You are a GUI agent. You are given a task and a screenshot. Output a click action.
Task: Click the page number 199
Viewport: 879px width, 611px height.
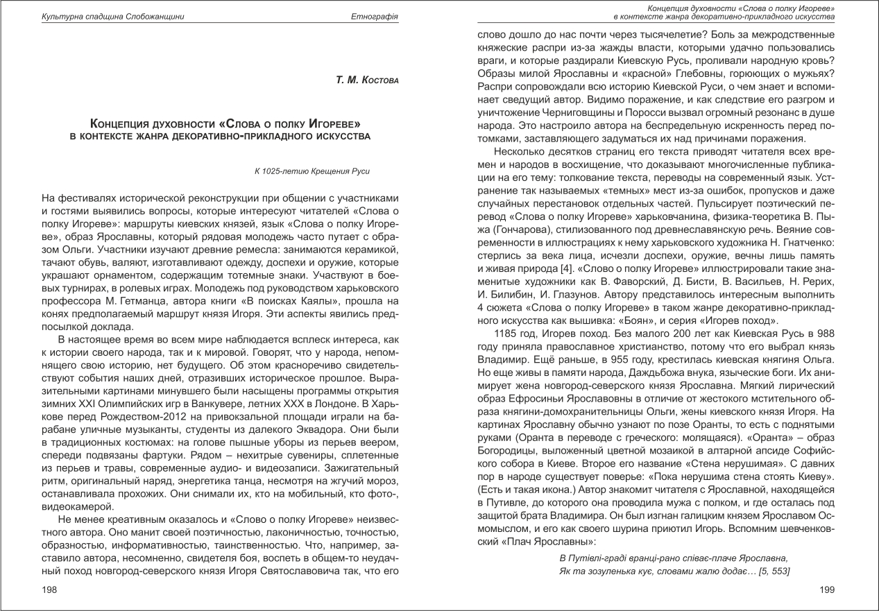[826, 590]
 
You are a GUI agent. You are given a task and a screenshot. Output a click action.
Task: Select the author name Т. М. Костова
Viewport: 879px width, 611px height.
[368, 82]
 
